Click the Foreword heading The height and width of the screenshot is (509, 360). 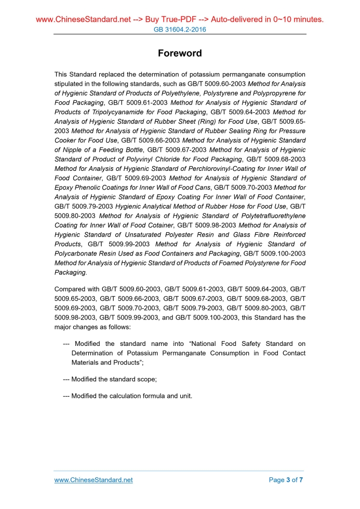[x=180, y=53]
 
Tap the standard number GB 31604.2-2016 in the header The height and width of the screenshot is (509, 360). [x=180, y=30]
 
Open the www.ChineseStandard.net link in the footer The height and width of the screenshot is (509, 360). [x=94, y=480]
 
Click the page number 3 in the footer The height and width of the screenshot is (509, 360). [x=288, y=480]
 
